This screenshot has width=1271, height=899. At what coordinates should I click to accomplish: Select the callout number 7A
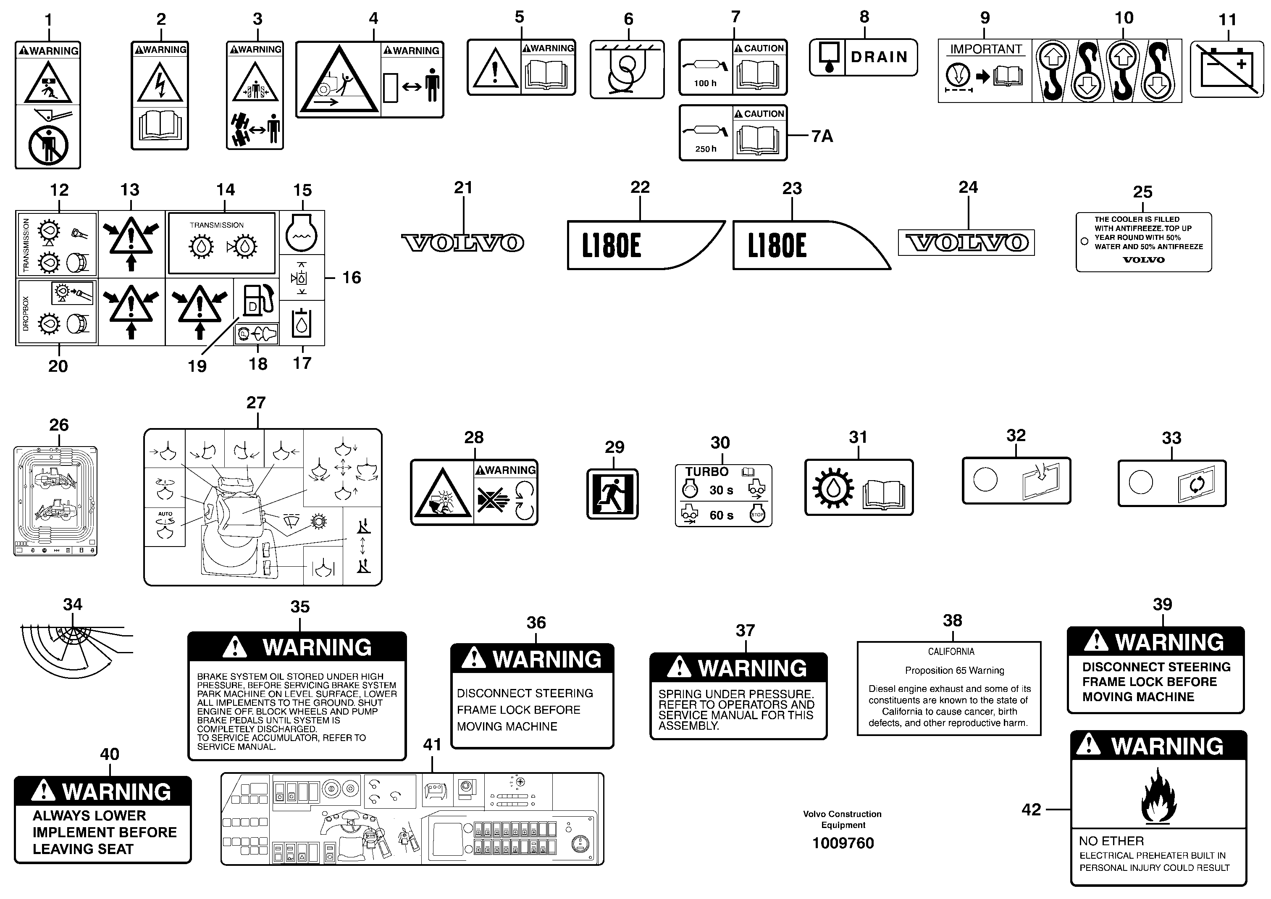[822, 136]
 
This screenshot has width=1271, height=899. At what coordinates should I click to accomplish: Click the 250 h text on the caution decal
[705, 149]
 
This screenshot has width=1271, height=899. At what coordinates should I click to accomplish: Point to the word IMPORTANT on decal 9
[985, 49]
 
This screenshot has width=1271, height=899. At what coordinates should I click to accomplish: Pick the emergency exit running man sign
[612, 494]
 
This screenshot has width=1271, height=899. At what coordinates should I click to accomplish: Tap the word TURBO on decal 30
[706, 472]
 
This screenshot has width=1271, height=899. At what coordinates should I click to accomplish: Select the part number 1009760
[843, 843]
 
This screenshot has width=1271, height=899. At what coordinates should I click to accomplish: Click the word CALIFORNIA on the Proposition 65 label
[951, 652]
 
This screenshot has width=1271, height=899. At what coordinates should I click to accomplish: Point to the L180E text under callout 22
[611, 246]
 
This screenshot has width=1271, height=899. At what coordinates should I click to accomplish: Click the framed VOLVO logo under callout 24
[966, 242]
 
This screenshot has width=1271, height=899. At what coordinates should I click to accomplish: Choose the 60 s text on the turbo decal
[721, 515]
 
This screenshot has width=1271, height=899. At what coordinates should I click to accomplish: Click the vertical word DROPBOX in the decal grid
[26, 313]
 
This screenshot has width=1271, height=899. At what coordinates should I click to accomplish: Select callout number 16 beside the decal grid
[352, 277]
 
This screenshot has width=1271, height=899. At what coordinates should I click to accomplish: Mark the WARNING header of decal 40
[103, 791]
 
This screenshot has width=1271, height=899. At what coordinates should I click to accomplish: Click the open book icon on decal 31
[883, 494]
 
